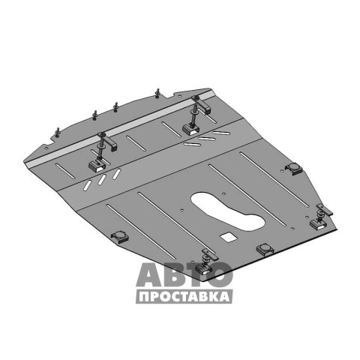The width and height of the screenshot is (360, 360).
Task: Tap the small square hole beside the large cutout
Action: tap(228, 237)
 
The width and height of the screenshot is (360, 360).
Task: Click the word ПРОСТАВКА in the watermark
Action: tap(184, 297)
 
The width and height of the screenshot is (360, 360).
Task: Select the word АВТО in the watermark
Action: tap(184, 274)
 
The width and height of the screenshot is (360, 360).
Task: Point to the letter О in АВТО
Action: tap(220, 274)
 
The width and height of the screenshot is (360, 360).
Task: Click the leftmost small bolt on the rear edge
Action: tap(58, 133)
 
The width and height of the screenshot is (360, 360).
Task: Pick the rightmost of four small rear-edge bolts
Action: tap(157, 93)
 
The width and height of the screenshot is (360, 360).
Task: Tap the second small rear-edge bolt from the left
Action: tap(94, 115)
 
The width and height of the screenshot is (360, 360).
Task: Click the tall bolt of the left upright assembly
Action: tap(100, 148)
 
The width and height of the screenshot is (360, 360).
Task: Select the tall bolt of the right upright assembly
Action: tap(193, 112)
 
